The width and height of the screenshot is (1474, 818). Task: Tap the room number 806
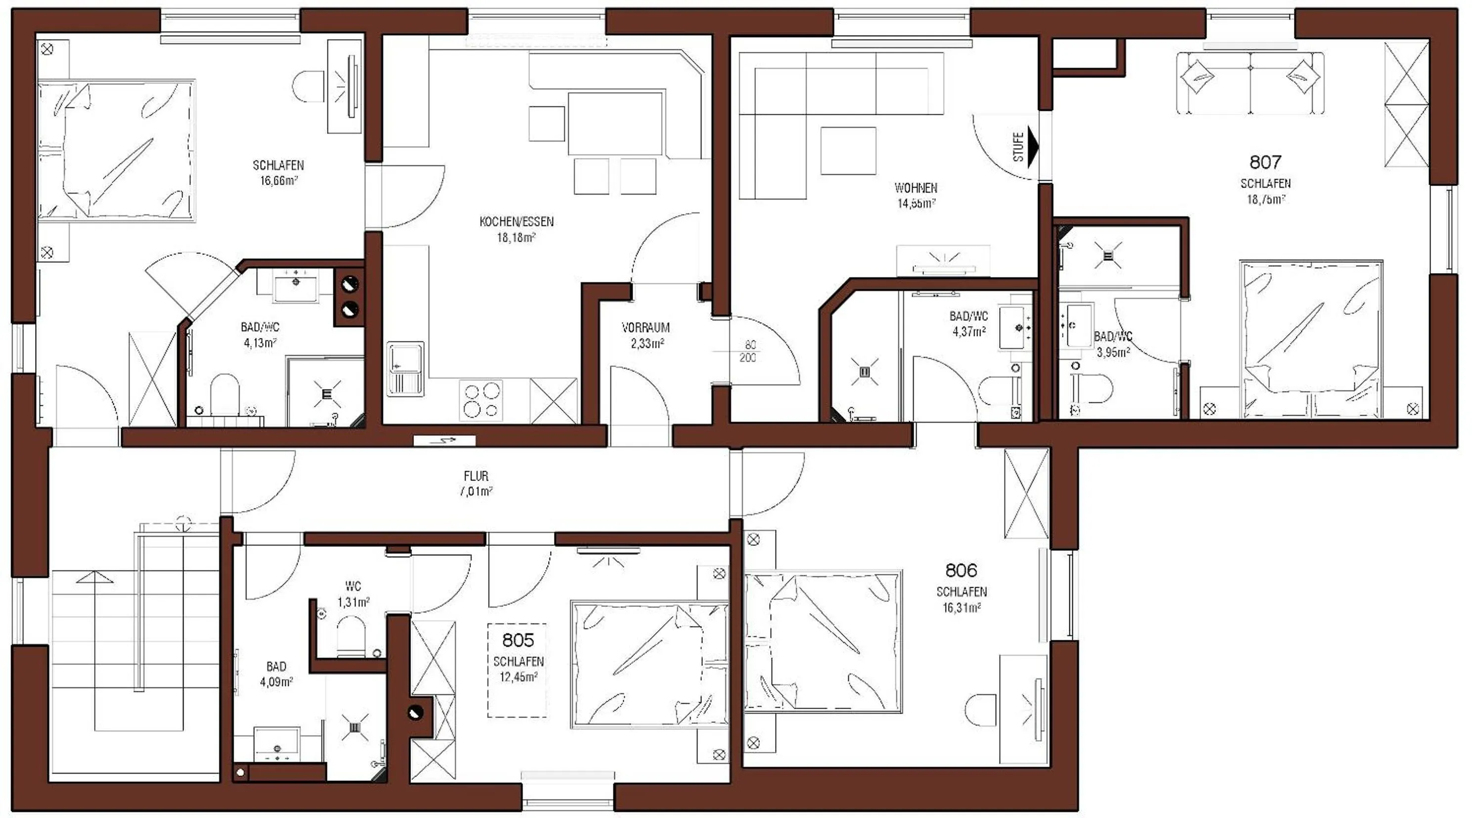(961, 570)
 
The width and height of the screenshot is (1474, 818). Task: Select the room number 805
(518, 639)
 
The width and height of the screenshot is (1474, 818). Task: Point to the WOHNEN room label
(916, 188)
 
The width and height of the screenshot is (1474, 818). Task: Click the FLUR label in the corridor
(476, 476)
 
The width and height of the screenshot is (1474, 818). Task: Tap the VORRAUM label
(645, 328)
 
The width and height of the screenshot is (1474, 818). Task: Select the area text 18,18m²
(516, 237)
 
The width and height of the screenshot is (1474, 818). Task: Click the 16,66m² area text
(278, 181)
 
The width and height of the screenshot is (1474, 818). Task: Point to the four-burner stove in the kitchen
(481, 401)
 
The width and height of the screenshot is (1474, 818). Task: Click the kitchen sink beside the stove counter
(405, 369)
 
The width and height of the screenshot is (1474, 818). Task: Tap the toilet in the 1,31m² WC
(350, 640)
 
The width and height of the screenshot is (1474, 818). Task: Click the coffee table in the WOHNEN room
(848, 150)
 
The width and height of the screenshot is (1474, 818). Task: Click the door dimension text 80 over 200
(749, 351)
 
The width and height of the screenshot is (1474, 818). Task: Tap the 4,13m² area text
(260, 343)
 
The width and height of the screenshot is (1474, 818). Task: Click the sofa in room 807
(1250, 83)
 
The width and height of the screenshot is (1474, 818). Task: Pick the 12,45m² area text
(518, 676)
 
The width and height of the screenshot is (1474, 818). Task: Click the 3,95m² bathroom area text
(1113, 352)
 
